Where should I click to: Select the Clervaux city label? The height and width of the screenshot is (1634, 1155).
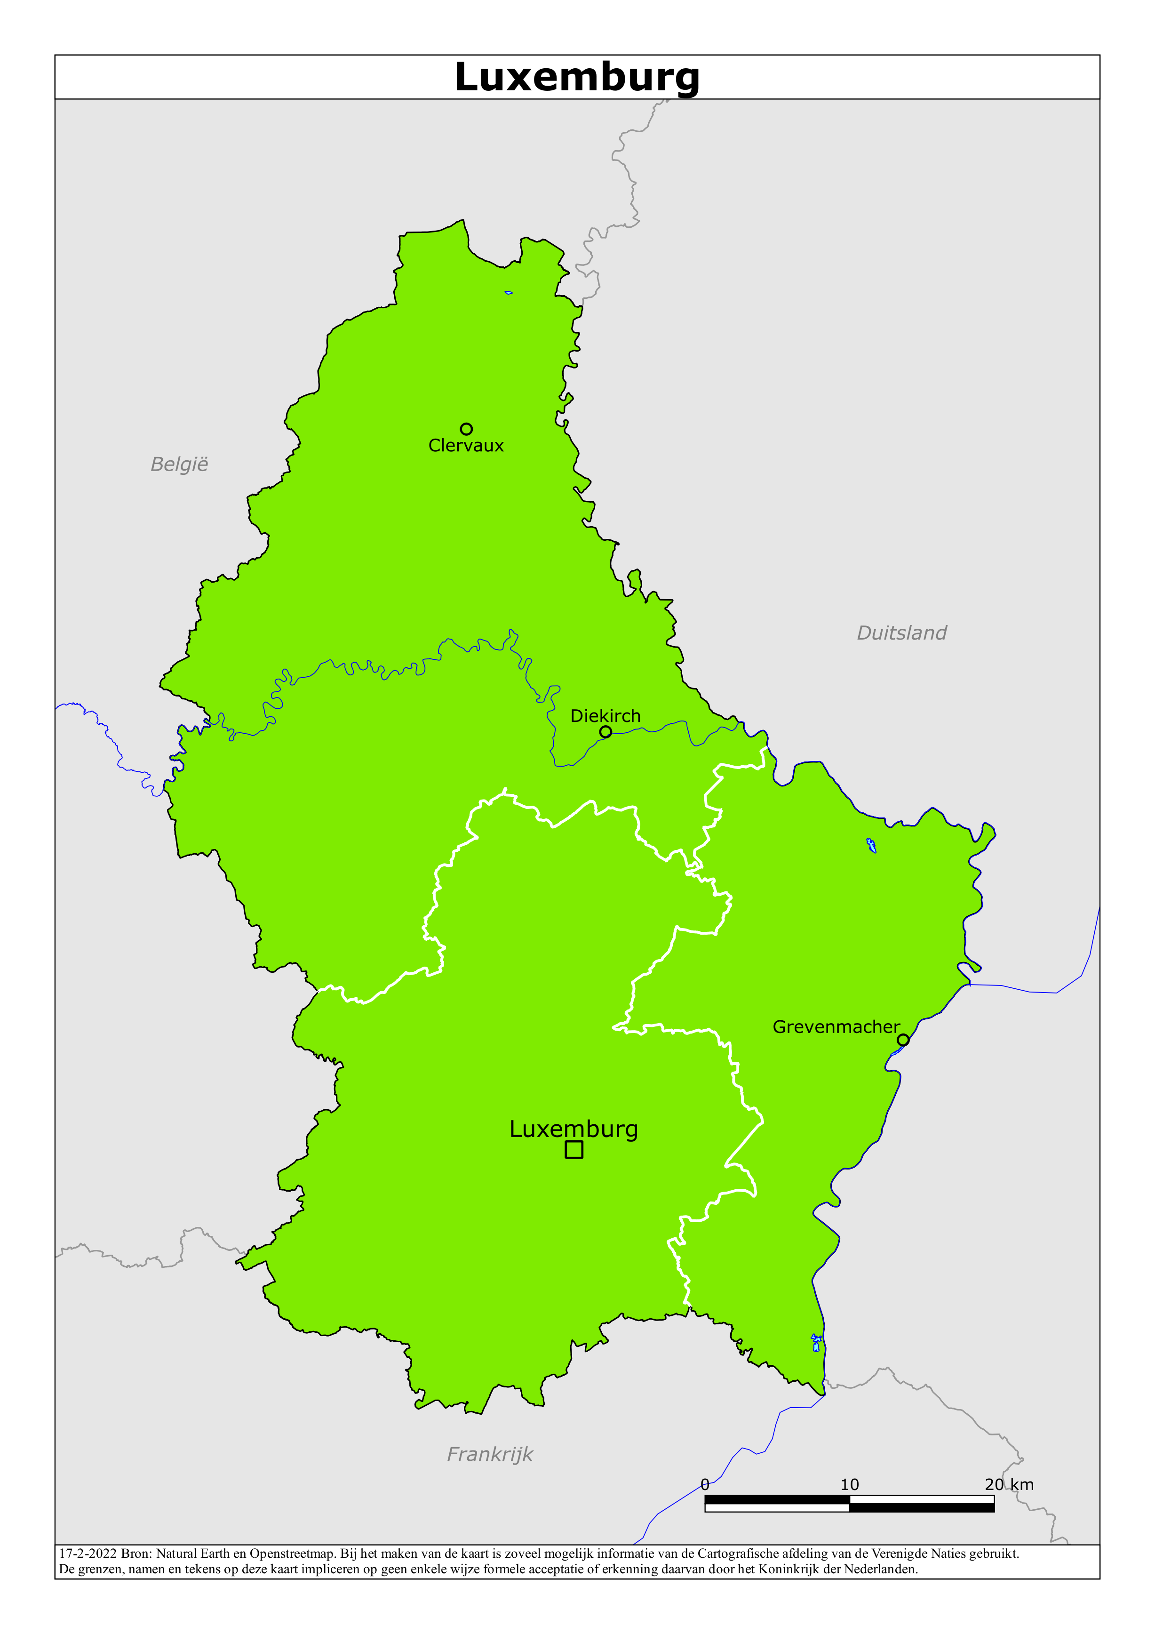tap(466, 446)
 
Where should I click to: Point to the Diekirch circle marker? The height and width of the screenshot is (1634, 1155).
tap(605, 732)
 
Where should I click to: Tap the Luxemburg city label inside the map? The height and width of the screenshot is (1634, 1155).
tap(574, 1129)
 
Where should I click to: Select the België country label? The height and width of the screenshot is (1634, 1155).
tap(179, 465)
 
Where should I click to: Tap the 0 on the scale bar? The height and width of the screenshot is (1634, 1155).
tap(705, 1484)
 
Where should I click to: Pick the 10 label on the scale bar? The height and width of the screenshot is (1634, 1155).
tap(850, 1484)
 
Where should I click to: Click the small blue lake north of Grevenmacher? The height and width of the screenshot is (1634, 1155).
tap(871, 845)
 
